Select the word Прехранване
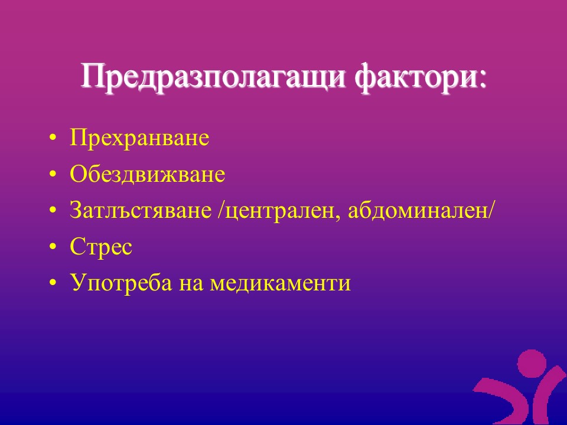click(x=139, y=138)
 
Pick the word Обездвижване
click(x=148, y=174)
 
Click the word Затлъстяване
click(x=141, y=210)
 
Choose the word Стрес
click(x=101, y=247)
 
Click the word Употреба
click(x=121, y=283)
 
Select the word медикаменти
click(x=281, y=283)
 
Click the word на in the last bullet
click(x=191, y=285)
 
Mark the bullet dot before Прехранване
click(x=53, y=138)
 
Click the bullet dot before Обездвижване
click(x=53, y=175)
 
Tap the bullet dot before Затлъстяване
click(x=53, y=211)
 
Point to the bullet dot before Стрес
click(x=53, y=247)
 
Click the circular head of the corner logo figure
click(x=532, y=363)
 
